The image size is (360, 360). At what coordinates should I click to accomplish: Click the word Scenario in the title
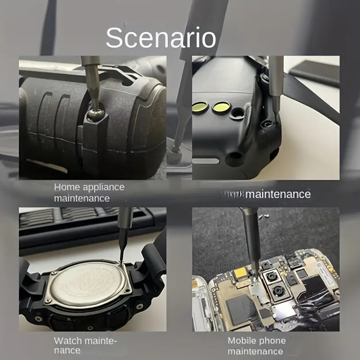click(x=161, y=38)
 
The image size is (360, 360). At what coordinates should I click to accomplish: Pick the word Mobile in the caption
click(x=243, y=341)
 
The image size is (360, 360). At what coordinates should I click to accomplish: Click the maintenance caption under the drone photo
click(x=278, y=194)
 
